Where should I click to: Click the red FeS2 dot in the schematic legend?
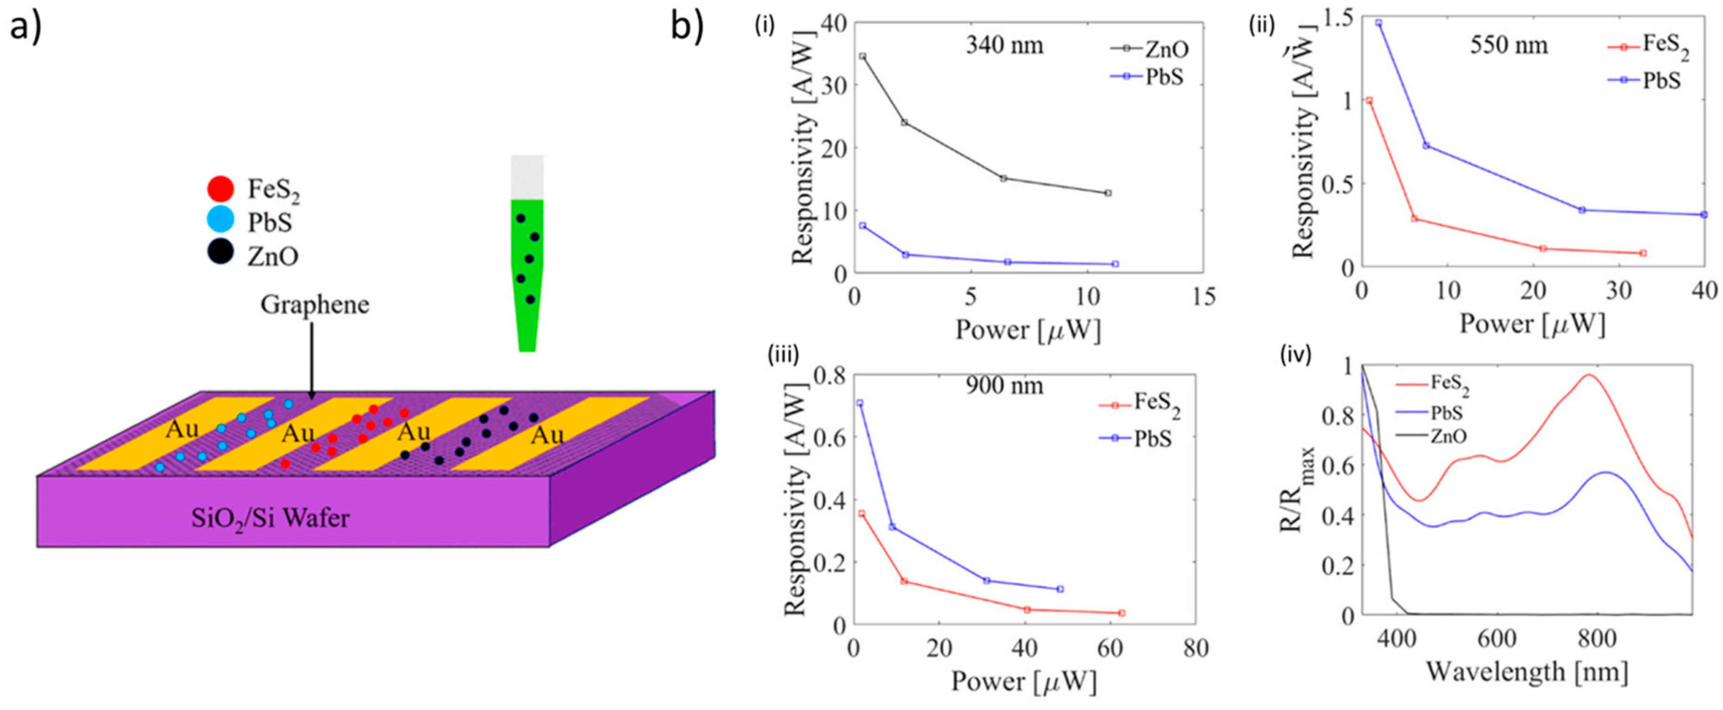pos(221,188)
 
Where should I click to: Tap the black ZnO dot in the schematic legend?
pos(221,252)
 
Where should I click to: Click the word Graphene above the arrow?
pos(314,305)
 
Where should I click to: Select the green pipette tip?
pos(527,274)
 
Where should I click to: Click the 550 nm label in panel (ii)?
pos(1508,45)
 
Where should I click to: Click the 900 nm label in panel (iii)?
pos(1004,386)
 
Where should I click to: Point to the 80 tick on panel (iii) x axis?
pos(1195,648)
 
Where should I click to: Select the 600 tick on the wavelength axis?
pos(1496,639)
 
